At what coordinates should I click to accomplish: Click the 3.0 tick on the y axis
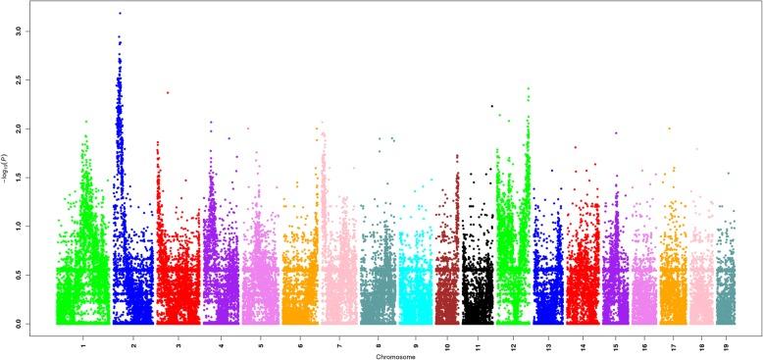[31, 31]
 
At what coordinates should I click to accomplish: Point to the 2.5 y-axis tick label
[31, 79]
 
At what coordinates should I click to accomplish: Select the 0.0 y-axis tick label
[31, 323]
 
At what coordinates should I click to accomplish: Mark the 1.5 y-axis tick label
[31, 177]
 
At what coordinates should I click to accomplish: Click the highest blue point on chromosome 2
[120, 13]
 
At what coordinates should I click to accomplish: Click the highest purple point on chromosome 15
[616, 133]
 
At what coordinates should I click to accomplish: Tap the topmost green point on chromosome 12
[528, 88]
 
